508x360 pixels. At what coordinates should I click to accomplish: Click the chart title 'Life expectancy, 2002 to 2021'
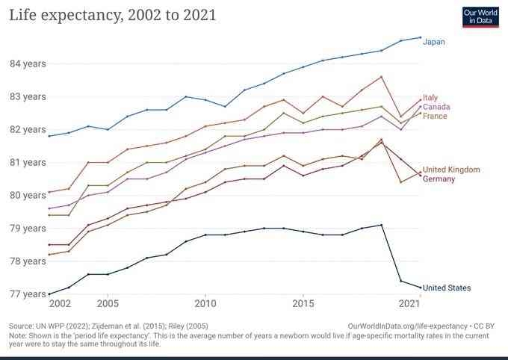pos(112,15)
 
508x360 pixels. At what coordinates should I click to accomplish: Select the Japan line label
pos(434,42)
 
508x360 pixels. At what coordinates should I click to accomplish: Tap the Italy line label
pos(430,98)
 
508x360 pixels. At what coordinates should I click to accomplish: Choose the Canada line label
pos(436,107)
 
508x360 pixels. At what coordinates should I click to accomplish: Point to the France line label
pos(435,117)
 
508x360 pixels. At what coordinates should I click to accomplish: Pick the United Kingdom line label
pos(451,170)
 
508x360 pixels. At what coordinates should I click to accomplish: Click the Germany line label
pos(439,179)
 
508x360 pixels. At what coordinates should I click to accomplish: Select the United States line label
pos(447,288)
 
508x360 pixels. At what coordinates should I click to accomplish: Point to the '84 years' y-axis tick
pos(28,63)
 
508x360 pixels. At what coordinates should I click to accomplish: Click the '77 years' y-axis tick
pos(28,294)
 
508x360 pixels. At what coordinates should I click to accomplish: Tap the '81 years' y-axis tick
pos(28,162)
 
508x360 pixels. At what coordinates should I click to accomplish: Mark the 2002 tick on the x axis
pos(59,305)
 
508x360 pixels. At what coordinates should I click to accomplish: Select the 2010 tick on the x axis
pos(205,305)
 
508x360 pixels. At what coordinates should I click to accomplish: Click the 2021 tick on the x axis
pos(409,305)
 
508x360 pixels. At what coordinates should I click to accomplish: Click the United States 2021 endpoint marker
pos(420,288)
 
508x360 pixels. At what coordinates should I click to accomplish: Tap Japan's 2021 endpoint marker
pos(420,37)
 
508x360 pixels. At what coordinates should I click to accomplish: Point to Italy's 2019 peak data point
pos(381,77)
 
